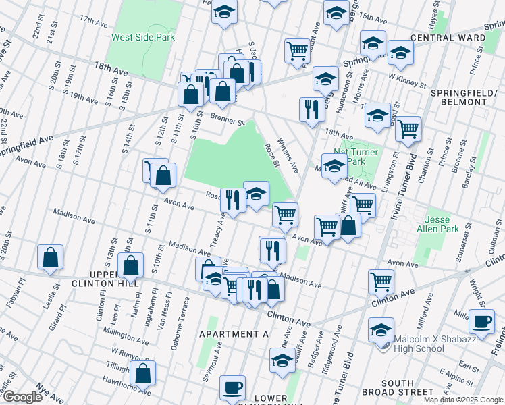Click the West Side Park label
(x=143, y=37)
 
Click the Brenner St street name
(x=225, y=119)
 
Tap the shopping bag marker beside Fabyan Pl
(x=51, y=257)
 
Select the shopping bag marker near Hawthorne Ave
(x=143, y=373)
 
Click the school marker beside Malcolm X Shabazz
(x=381, y=330)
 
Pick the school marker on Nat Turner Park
(x=334, y=167)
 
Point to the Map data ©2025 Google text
(x=463, y=400)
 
